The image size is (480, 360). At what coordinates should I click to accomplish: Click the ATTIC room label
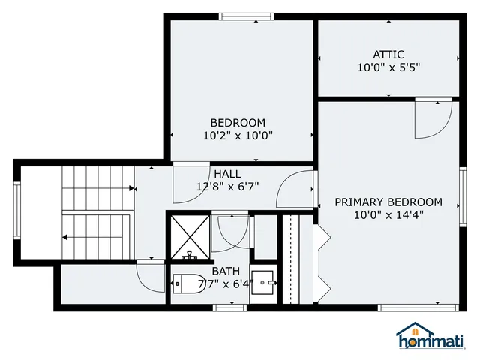coord(388,54)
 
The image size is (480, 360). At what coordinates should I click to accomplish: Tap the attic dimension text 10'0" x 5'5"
coord(388,67)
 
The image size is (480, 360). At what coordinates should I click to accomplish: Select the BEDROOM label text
coord(238,123)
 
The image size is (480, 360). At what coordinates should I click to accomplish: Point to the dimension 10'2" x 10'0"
coord(238,136)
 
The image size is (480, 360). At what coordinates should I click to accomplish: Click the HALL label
coord(227,174)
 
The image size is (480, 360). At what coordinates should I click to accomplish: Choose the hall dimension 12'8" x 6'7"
coord(227,187)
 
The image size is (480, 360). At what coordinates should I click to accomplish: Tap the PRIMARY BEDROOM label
coord(388,202)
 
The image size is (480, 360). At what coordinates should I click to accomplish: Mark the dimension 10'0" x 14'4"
coord(388,215)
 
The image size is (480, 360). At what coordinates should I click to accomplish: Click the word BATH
coord(226,271)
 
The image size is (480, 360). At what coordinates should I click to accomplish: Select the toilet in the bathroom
coord(185,284)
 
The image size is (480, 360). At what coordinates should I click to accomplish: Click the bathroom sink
coord(263,283)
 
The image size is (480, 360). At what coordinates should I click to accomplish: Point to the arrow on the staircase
coord(66,237)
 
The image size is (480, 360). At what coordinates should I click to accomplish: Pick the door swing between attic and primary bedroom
coord(433,119)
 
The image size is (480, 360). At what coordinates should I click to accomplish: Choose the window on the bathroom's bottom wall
coord(230,307)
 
